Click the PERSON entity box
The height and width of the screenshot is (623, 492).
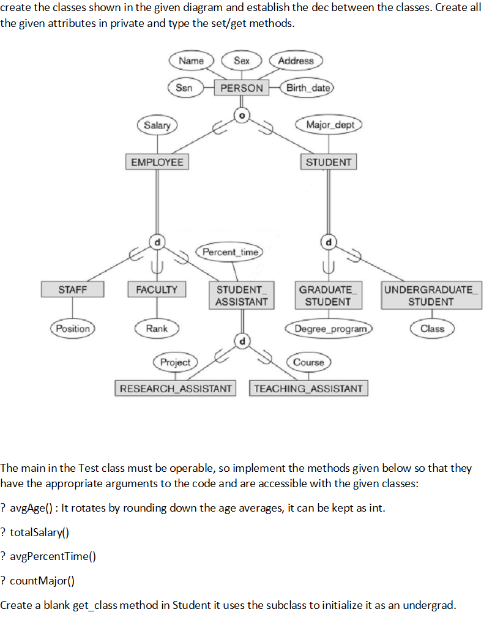pyautogui.click(x=242, y=88)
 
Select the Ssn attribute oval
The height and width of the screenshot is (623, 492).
pyautogui.click(x=184, y=88)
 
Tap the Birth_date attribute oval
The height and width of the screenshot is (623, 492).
pyautogui.click(x=308, y=88)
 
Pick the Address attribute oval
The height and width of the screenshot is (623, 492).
pyautogui.click(x=296, y=61)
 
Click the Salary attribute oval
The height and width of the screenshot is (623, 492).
pyautogui.click(x=157, y=125)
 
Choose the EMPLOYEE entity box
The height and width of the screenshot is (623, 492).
pyautogui.click(x=157, y=162)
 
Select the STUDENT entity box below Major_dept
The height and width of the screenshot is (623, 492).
pyautogui.click(x=329, y=162)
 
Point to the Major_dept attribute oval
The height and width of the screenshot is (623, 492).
pyautogui.click(x=330, y=125)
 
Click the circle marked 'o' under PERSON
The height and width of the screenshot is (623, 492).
pyautogui.click(x=242, y=114)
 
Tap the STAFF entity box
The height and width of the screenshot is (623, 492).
pyautogui.click(x=73, y=289)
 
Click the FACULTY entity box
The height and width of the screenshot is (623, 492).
pyautogui.click(x=157, y=289)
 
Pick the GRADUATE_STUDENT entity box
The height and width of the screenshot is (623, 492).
pyautogui.click(x=328, y=295)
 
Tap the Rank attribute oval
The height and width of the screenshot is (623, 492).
pyautogui.click(x=157, y=329)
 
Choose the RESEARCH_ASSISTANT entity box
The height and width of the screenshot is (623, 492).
pyautogui.click(x=176, y=388)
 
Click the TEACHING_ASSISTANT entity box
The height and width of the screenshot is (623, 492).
pyautogui.click(x=308, y=388)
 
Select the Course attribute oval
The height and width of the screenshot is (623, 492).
pyautogui.click(x=308, y=362)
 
